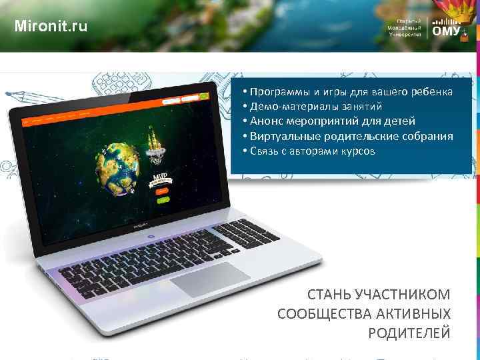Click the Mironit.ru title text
pyautogui.click(x=50, y=27)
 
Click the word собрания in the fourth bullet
pyautogui.click(x=429, y=137)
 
